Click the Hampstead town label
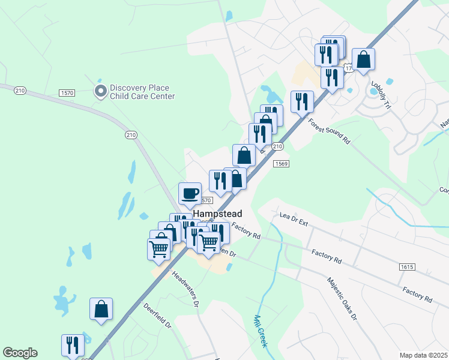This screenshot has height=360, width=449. coord(217,214)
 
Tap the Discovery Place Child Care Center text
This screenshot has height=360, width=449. coord(142,92)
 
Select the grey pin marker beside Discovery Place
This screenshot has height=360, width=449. coord(100,92)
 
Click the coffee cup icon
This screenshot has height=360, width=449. coord(190,193)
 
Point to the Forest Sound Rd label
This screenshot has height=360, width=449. coord(329,131)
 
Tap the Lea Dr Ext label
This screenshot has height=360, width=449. coord(294,220)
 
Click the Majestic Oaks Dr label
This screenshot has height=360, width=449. coord(342,298)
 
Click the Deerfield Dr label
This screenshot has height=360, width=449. coord(158,316)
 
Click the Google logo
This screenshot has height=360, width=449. coord(20,353)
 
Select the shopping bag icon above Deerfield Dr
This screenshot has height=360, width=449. coord(101,310)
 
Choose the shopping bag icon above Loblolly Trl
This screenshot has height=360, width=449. coord(364,59)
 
